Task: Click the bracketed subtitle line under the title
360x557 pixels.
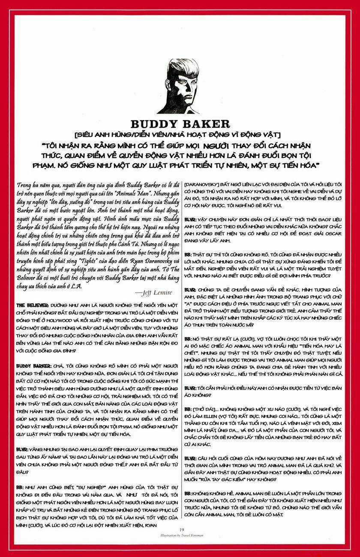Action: (x=180, y=136)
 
